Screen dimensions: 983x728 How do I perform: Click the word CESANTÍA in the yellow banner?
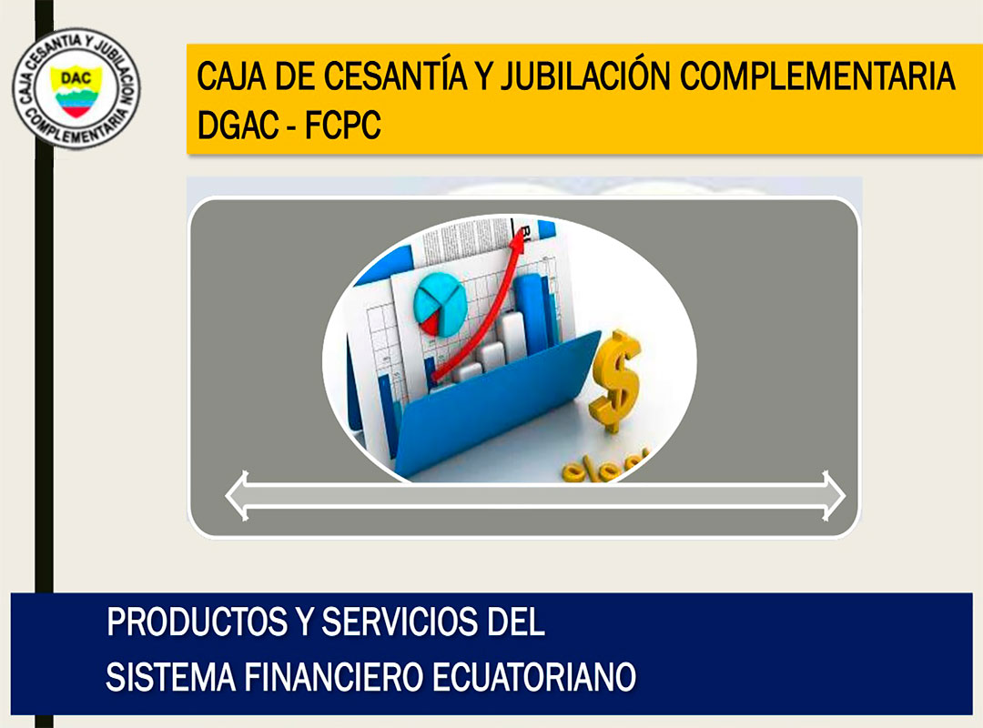[x=395, y=76]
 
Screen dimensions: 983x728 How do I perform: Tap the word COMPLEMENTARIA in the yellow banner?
[x=816, y=76]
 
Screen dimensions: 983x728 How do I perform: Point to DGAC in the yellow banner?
[x=238, y=125]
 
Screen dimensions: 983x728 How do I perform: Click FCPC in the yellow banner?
[x=342, y=125]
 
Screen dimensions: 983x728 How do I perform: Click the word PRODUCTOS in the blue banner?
[x=198, y=622]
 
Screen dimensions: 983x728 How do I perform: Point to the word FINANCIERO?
[x=332, y=677]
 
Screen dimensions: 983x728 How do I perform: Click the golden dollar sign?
[x=615, y=381]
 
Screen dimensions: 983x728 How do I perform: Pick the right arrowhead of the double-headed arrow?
[x=834, y=496]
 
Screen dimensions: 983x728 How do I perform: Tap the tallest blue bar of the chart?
[x=530, y=315]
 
